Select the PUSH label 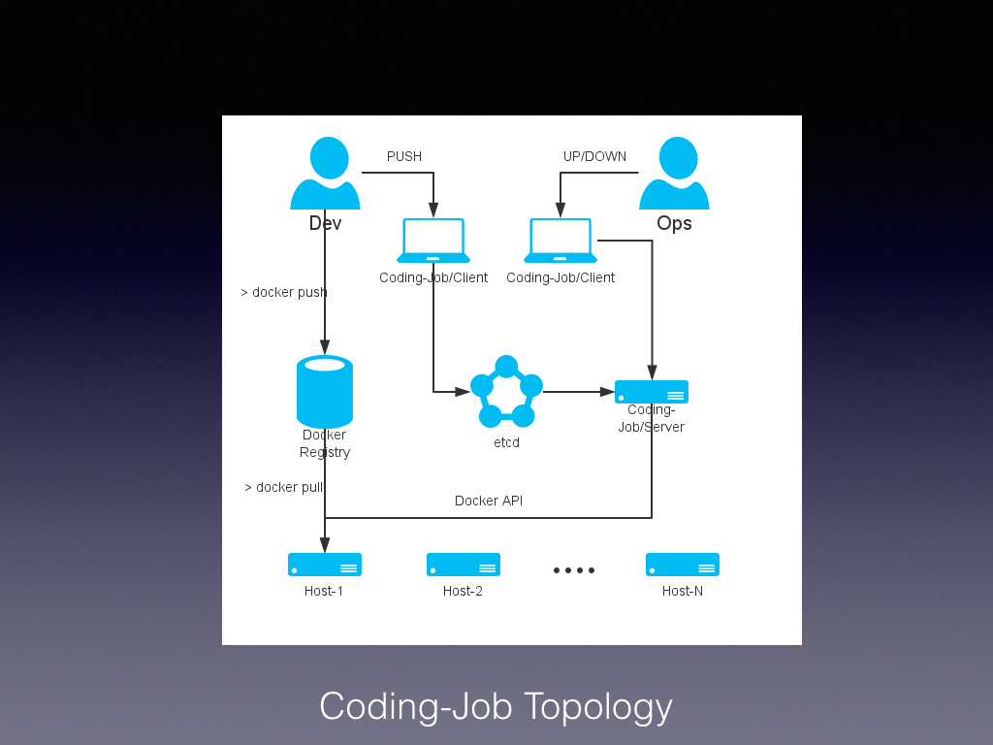click(404, 156)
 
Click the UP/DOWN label click(594, 156)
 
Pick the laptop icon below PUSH click(433, 241)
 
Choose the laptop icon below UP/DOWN click(561, 241)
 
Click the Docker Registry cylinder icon click(325, 391)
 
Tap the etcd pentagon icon click(506, 392)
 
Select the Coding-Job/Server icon click(652, 392)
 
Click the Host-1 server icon click(325, 565)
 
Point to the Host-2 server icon click(464, 565)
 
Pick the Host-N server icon click(683, 565)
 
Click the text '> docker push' click(284, 292)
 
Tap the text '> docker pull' click(284, 487)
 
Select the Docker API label click(489, 501)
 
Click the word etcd click(506, 442)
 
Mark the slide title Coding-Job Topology click(496, 706)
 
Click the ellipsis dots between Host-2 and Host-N click(574, 570)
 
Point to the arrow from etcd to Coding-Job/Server click(579, 392)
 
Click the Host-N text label click(683, 591)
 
